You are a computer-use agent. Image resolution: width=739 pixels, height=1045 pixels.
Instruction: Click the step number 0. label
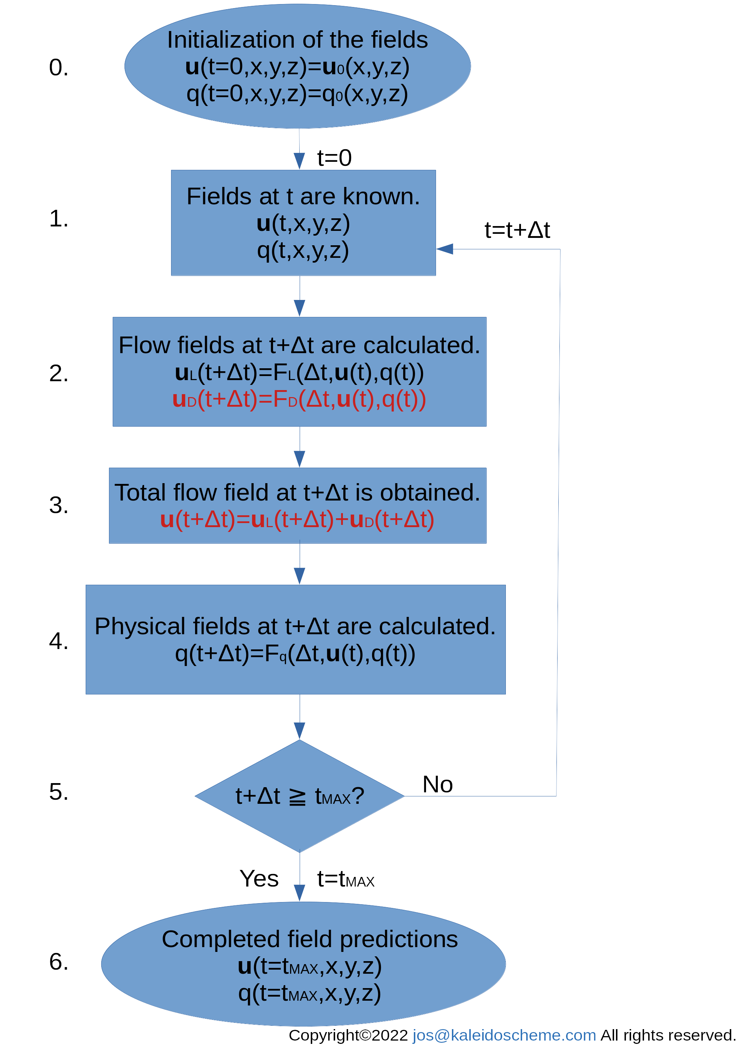[59, 67]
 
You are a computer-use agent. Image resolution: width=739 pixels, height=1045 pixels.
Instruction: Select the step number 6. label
[59, 962]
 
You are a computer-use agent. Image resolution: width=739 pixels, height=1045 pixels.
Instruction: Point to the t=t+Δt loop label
[517, 230]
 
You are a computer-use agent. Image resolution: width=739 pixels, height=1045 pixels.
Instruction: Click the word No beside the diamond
[437, 784]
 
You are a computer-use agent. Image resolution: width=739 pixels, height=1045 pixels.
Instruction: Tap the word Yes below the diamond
[259, 878]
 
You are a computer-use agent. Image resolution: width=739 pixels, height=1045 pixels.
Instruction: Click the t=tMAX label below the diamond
[345, 879]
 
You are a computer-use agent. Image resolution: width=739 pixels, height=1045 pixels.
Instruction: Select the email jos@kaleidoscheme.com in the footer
[504, 1035]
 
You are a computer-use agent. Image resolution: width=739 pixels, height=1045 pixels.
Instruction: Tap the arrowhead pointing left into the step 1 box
[445, 249]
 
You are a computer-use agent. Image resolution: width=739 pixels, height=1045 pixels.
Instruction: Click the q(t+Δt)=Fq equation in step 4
[295, 654]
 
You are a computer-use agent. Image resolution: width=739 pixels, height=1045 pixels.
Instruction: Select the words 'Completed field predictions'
[310, 939]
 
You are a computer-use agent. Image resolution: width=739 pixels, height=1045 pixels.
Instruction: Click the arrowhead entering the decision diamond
[300, 731]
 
